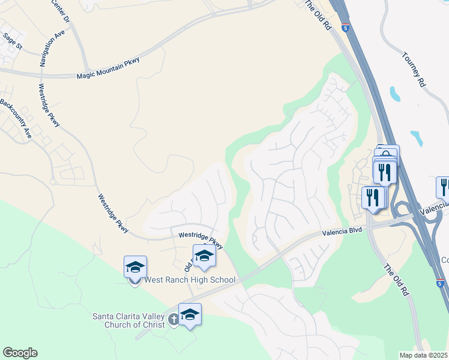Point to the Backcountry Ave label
click(x=15, y=119)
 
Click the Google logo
click(x=20, y=353)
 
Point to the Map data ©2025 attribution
click(x=424, y=355)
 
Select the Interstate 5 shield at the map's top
click(x=345, y=27)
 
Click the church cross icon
click(x=173, y=319)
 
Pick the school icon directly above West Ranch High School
click(x=135, y=266)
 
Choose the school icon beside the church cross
click(x=190, y=314)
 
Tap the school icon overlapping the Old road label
click(x=204, y=256)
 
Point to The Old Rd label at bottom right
click(x=396, y=281)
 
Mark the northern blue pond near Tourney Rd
click(x=395, y=94)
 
